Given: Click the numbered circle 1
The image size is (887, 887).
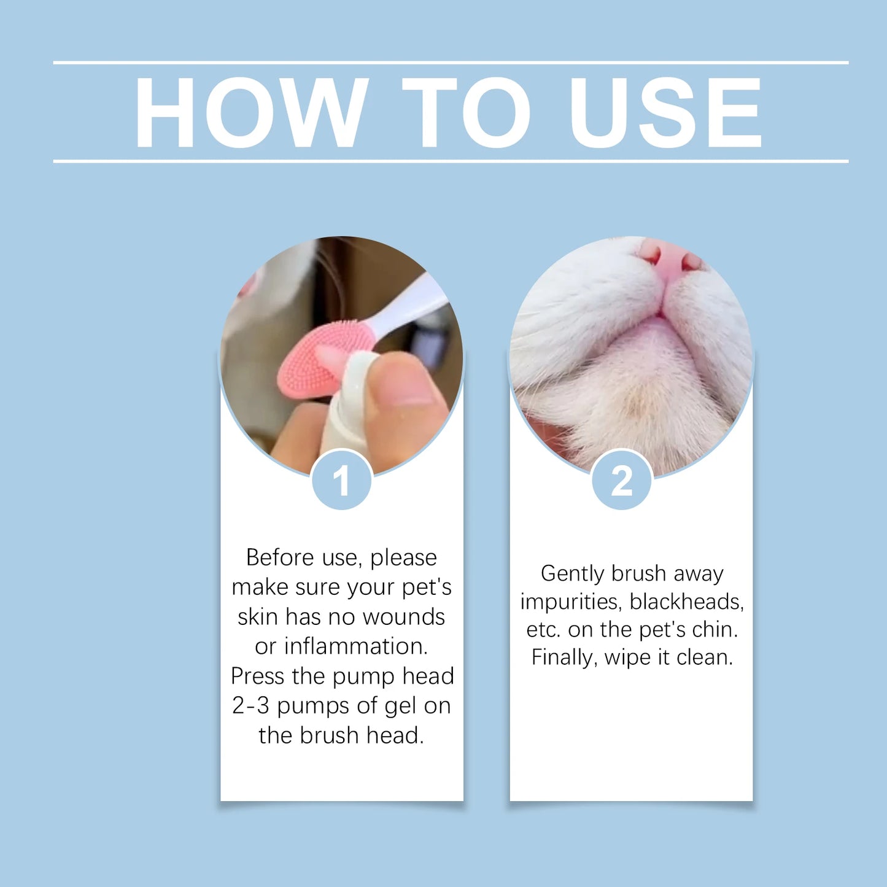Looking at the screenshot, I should pos(341,480).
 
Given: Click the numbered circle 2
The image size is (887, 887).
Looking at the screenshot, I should pos(621,480).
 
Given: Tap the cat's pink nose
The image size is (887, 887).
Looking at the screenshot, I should pos(671,258).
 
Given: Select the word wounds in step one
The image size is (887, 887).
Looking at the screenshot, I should pos(404,617).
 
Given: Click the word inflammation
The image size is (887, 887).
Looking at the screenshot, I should pos(355,646).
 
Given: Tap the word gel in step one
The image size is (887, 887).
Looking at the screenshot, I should pos(401,706).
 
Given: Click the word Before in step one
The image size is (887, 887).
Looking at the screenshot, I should pos(280,557).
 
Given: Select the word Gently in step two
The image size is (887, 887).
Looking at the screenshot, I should pos(573,573).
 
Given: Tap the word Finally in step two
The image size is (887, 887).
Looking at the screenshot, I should pos(564,657).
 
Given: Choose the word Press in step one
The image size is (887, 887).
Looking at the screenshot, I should pos(258,676).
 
